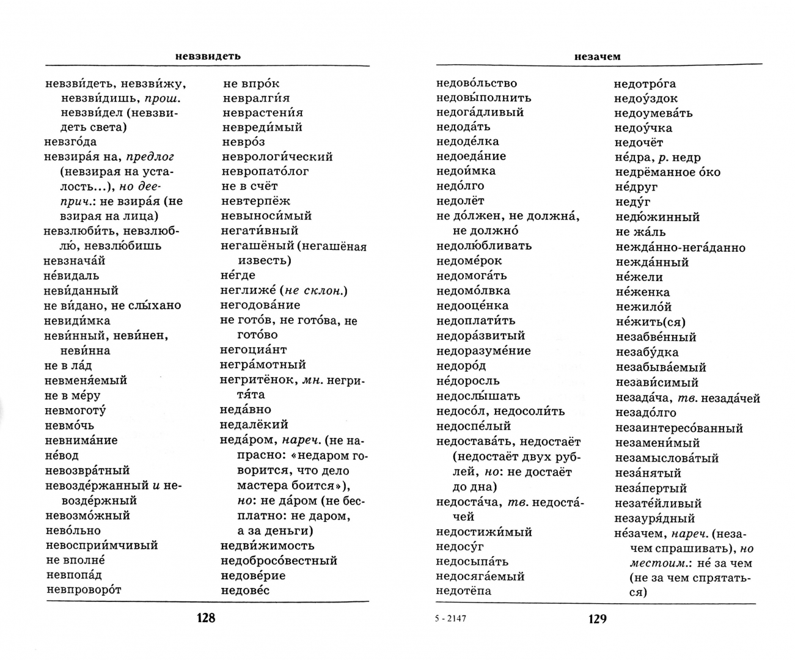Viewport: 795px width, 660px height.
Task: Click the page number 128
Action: click(205, 618)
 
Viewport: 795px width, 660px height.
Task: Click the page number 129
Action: click(597, 618)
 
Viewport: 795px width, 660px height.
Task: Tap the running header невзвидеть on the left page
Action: click(208, 56)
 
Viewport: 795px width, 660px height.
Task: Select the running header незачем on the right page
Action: click(597, 56)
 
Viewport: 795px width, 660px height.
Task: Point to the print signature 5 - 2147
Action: click(450, 618)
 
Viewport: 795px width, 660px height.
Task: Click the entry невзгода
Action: click(70, 142)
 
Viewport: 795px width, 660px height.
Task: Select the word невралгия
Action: click(256, 98)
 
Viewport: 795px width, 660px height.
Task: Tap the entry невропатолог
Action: click(265, 171)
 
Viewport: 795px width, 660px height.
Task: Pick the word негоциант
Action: click(253, 350)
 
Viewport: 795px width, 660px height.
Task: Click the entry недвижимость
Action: click(267, 545)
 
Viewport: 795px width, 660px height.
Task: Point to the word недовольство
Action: click(477, 83)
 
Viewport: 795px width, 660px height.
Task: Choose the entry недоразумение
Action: click(483, 351)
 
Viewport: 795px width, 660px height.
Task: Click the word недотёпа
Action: click(464, 591)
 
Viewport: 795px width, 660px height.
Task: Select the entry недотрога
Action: click(645, 84)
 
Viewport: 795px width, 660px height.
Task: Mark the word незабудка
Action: click(647, 352)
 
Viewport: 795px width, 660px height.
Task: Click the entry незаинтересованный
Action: click(679, 428)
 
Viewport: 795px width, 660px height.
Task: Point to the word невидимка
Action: click(77, 321)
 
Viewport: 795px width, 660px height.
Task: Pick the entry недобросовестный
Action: click(279, 560)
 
